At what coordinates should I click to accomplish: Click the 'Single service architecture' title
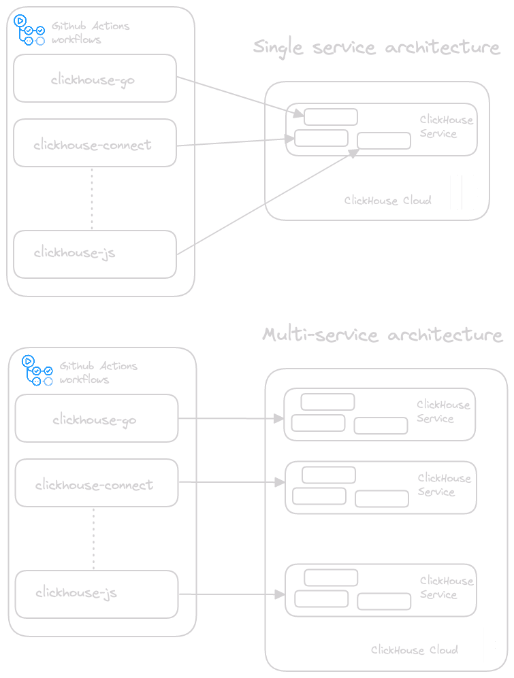(376, 48)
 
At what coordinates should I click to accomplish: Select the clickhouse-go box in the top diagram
(95, 79)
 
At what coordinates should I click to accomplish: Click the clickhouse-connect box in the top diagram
(95, 143)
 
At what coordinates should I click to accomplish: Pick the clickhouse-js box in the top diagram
(95, 254)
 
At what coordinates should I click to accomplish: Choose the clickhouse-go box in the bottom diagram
(96, 419)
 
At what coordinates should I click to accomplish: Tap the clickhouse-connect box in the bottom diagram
(96, 484)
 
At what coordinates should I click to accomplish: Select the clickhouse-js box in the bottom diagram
(96, 594)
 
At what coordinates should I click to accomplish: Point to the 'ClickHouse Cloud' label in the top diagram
(387, 201)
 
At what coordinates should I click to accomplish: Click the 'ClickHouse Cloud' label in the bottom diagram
(414, 650)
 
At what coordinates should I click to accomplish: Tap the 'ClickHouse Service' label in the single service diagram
(446, 126)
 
